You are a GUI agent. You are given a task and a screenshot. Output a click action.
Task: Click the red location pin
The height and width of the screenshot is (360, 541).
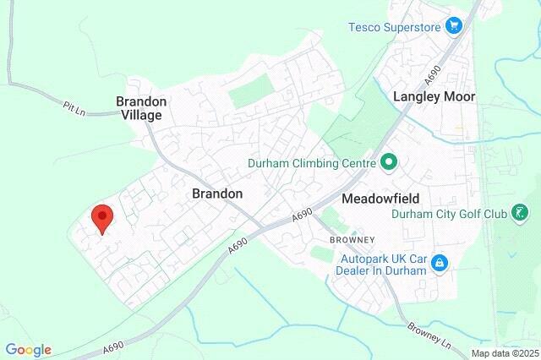tap(101, 219)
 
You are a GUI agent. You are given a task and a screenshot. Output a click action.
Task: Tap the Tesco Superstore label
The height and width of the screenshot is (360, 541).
tap(394, 26)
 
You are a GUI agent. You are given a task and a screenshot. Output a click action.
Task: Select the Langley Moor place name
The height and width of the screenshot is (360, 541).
tap(434, 96)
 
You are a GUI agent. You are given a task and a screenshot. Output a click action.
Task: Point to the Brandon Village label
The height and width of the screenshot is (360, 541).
tap(142, 107)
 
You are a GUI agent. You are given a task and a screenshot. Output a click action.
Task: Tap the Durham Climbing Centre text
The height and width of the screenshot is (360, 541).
tap(313, 162)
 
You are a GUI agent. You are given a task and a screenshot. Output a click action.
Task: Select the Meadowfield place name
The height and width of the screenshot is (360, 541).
tap(380, 199)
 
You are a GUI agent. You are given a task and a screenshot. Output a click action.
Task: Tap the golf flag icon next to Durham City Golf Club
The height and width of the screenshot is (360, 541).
tap(523, 214)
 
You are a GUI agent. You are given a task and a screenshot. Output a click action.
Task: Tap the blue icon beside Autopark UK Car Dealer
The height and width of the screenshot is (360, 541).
tap(440, 265)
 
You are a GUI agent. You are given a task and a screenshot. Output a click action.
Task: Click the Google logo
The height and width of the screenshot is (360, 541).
tap(28, 350)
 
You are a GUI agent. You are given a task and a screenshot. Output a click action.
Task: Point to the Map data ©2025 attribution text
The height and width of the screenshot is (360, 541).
tap(505, 353)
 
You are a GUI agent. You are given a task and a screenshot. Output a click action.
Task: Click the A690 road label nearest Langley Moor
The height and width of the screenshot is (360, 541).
tap(434, 76)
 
